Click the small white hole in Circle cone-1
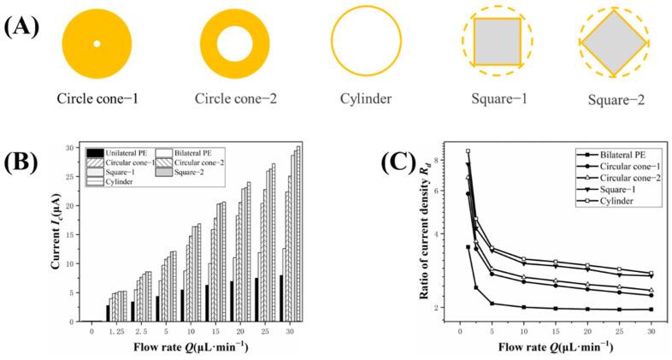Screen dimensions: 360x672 pyautogui.click(x=97, y=44)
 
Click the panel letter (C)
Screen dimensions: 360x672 pyautogui.click(x=374, y=163)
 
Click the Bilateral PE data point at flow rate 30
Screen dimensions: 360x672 pyautogui.click(x=651, y=310)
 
